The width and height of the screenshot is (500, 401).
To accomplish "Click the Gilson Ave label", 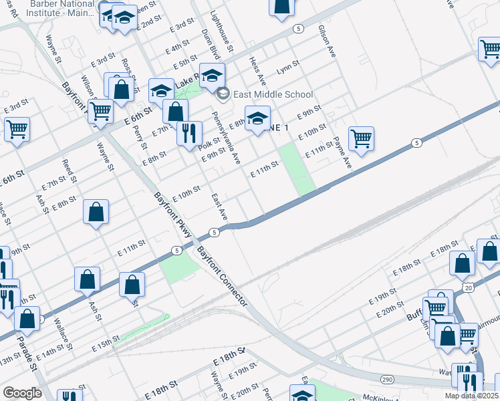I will (326, 41).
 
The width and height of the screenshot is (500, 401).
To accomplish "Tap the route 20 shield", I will (468, 287).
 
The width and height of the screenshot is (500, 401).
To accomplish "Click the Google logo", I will (22, 393).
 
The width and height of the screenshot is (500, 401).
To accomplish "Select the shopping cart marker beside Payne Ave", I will (361, 138).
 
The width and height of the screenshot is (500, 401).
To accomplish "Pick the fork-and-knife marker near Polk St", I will (190, 132).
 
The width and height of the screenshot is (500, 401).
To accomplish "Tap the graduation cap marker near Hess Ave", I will (257, 118).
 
